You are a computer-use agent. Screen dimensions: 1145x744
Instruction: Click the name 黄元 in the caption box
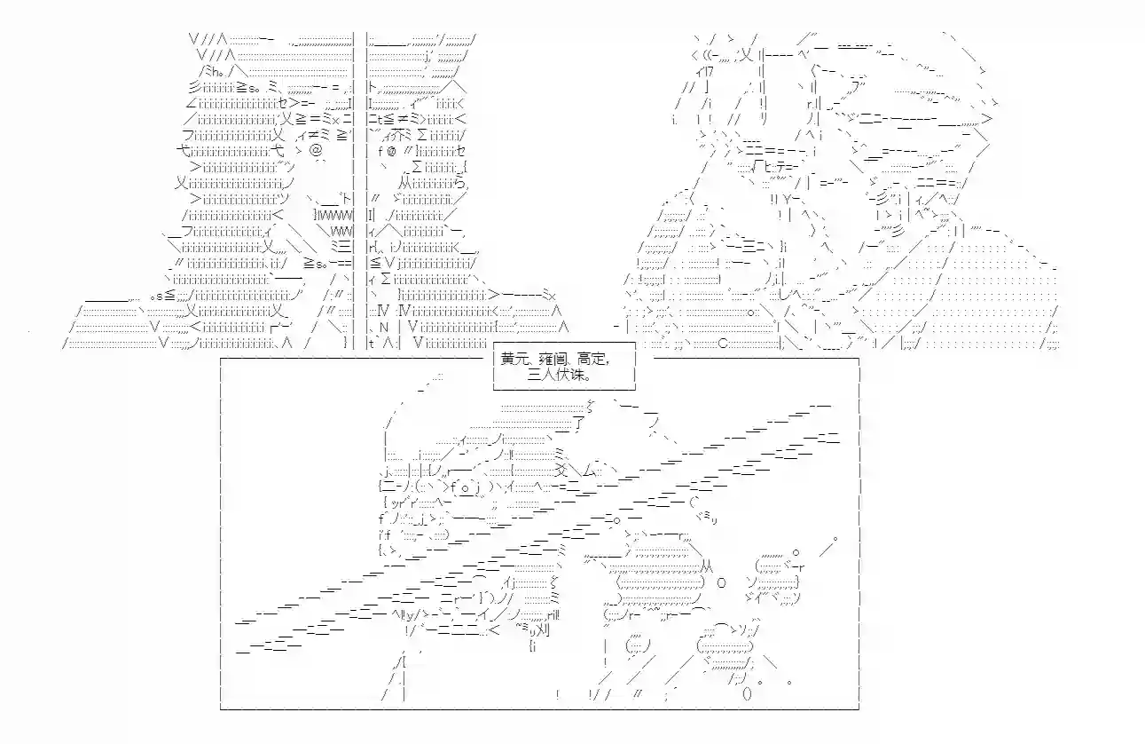[x=514, y=360]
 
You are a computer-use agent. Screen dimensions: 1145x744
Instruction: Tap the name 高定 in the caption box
[x=592, y=360]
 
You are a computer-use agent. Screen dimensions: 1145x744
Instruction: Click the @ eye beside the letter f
[x=391, y=152]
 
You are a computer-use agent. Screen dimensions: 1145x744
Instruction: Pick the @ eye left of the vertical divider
[x=317, y=150]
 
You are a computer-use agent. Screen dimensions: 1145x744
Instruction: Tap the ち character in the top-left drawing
[x=459, y=183]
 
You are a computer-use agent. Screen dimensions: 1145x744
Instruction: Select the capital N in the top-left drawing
[x=384, y=328]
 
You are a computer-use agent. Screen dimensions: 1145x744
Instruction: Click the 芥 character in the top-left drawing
[x=400, y=136]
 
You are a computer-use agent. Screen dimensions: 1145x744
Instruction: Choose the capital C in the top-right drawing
[x=723, y=344]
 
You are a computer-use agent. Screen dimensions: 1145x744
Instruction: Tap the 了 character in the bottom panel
[x=579, y=423]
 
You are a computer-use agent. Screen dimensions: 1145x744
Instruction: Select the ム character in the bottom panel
[x=588, y=471]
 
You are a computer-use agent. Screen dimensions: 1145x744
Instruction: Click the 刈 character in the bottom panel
[x=543, y=629]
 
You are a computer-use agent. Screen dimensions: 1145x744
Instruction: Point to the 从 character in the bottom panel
[x=707, y=566]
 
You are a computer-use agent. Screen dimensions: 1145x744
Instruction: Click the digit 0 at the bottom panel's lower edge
[x=747, y=694]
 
